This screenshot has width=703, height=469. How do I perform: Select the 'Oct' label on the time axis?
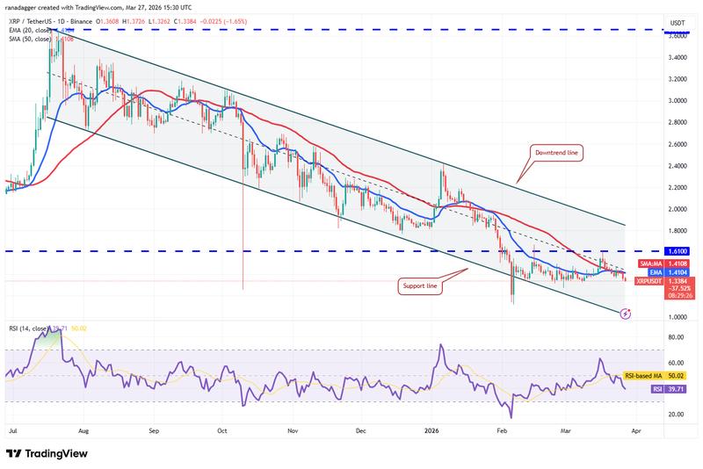pos(222,432)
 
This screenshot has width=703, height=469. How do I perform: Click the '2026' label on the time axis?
pos(431,432)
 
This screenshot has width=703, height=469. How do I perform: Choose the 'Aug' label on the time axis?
pos(84,432)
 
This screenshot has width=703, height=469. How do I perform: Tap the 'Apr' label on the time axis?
pos(635,432)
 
